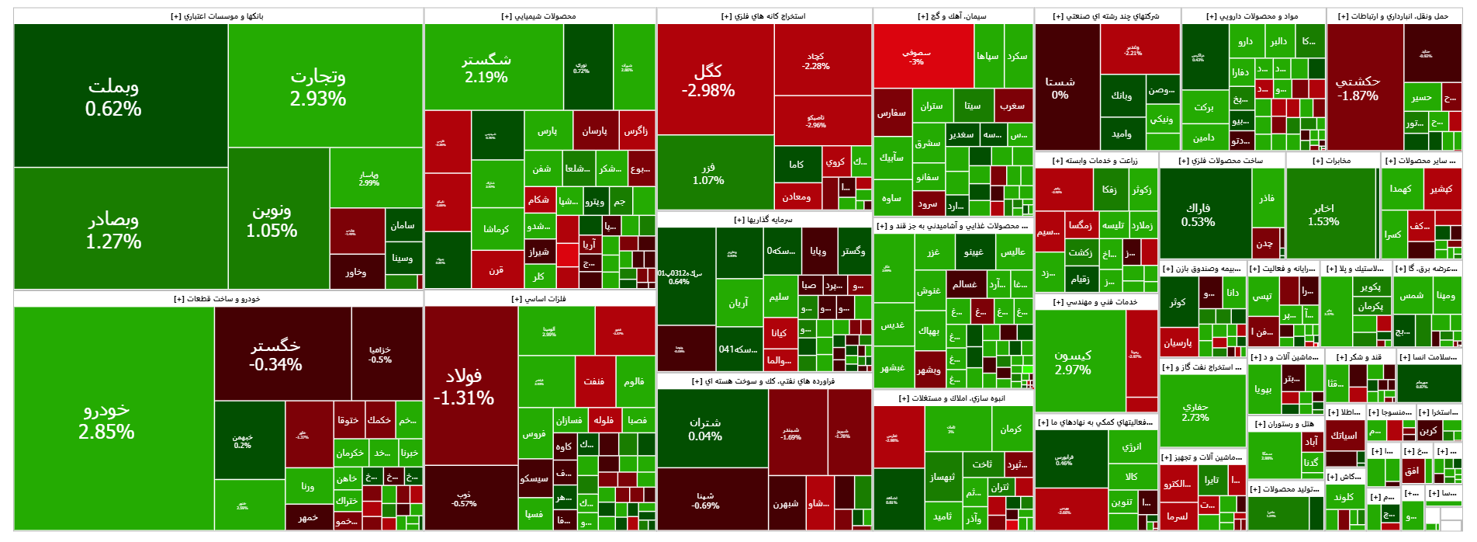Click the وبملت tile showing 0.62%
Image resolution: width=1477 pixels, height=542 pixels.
[x=113, y=96]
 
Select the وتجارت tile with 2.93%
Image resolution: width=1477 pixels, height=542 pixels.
[x=318, y=87]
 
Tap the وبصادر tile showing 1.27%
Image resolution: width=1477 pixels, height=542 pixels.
[x=113, y=230]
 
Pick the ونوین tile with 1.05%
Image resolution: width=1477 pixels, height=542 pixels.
[x=272, y=220]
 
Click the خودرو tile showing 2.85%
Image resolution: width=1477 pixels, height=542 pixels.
[x=106, y=420]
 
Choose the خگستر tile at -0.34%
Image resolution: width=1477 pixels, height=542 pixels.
[x=275, y=354]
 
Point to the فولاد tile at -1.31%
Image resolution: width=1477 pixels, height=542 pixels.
[x=463, y=386]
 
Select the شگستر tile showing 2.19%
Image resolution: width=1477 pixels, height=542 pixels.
[x=486, y=68]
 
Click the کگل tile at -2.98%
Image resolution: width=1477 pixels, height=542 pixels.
[x=707, y=80]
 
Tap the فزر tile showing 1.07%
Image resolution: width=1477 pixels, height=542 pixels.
[x=708, y=173]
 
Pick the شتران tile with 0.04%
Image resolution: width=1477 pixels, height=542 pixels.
[x=705, y=429]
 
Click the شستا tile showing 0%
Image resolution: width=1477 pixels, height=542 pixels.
[x=1060, y=88]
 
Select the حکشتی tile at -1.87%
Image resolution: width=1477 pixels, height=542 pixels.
[x=1358, y=88]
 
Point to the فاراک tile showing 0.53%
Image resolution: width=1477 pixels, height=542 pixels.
[x=1198, y=214]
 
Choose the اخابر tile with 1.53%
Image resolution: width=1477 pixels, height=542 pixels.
[x=1323, y=214]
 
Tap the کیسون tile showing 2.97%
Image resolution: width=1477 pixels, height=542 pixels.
[x=1073, y=362]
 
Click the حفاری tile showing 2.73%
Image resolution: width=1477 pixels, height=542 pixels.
[x=1195, y=412]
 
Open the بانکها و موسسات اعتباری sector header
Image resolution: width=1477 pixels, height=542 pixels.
[x=218, y=16]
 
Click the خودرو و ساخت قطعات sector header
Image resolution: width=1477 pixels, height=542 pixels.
[x=218, y=299]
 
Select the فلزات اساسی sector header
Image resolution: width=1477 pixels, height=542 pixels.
[x=539, y=299]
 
